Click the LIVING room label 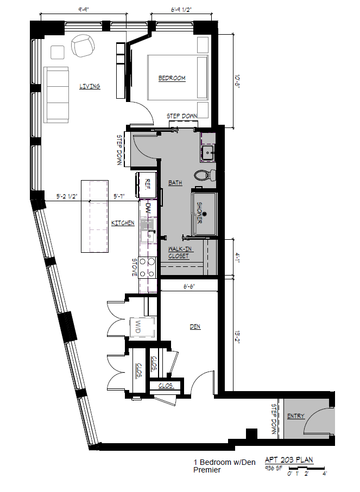(x=90, y=86)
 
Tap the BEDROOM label (x=172, y=78)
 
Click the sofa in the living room (x=56, y=94)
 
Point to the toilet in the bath (x=205, y=175)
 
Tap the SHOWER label (x=199, y=213)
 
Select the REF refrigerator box (x=147, y=184)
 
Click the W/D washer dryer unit (x=138, y=327)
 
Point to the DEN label (x=195, y=327)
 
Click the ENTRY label (x=296, y=416)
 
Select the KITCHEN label (x=123, y=223)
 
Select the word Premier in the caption (x=207, y=470)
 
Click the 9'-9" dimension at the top (x=83, y=9)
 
